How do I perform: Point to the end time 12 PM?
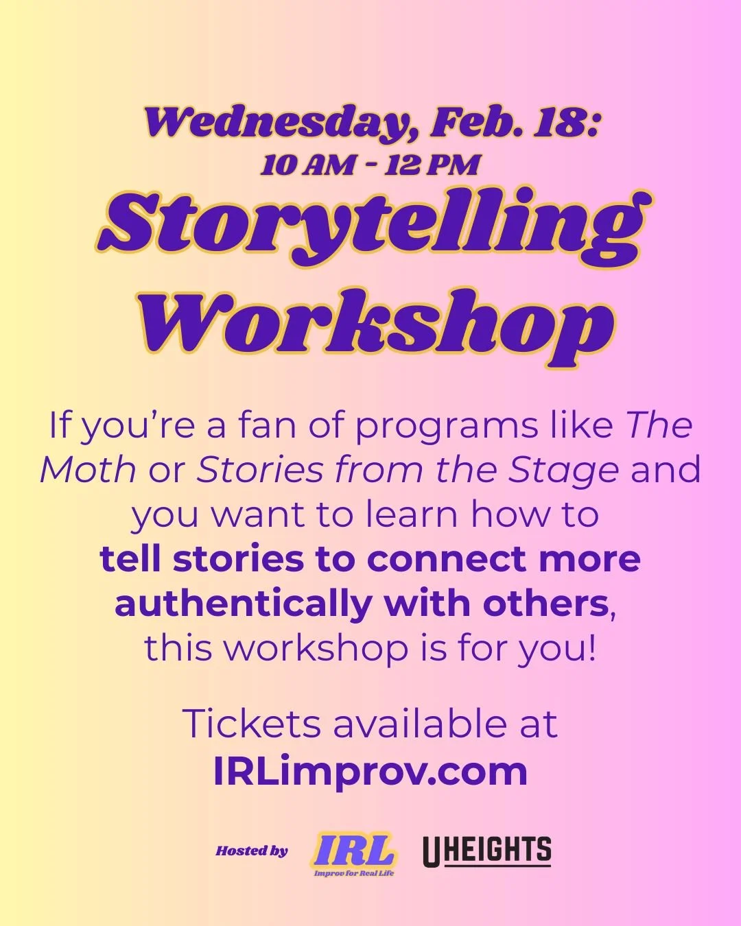432,166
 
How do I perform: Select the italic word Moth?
87,471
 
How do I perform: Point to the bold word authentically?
244,604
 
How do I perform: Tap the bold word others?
545,604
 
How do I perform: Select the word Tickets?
251,724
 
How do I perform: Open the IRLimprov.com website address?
370,771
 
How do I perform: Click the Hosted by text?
252,851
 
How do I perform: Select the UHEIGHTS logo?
486,851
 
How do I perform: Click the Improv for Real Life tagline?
354,873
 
